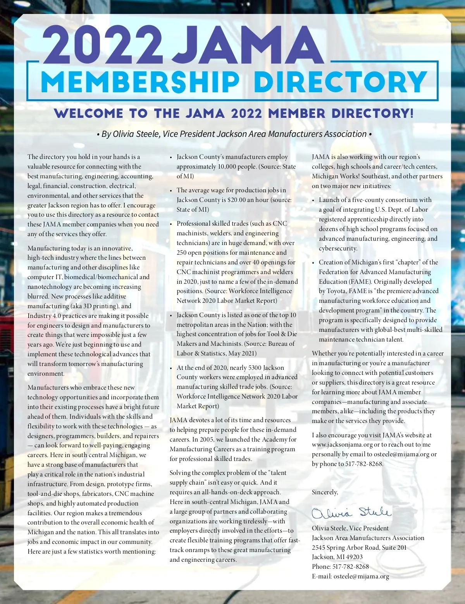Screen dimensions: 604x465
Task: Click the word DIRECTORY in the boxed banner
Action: [x=340, y=82]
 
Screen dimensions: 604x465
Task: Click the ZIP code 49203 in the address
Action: [x=354, y=557]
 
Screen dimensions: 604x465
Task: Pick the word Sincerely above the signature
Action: [x=325, y=492]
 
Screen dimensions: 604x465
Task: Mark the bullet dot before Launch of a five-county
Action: [x=313, y=200]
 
